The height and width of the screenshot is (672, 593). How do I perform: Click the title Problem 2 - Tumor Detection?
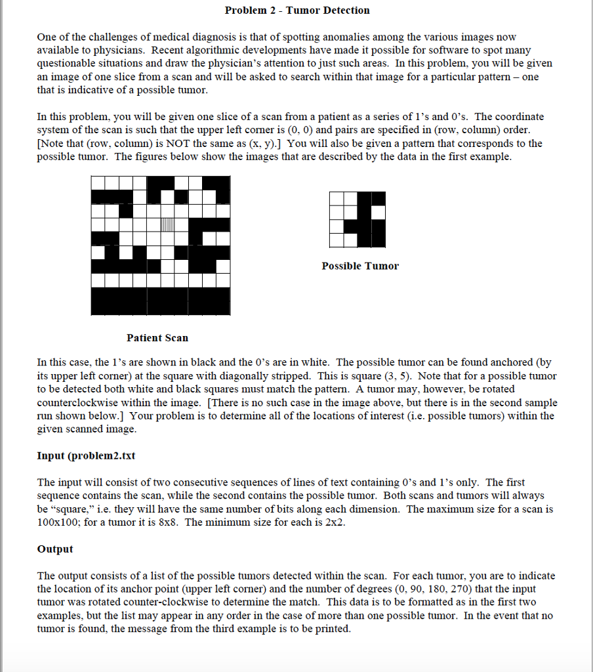296,10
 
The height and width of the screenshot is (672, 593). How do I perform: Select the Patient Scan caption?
157,338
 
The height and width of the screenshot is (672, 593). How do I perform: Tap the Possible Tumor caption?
360,266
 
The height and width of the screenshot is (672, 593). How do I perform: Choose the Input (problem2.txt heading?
86,456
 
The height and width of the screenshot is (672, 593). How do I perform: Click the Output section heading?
55,549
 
